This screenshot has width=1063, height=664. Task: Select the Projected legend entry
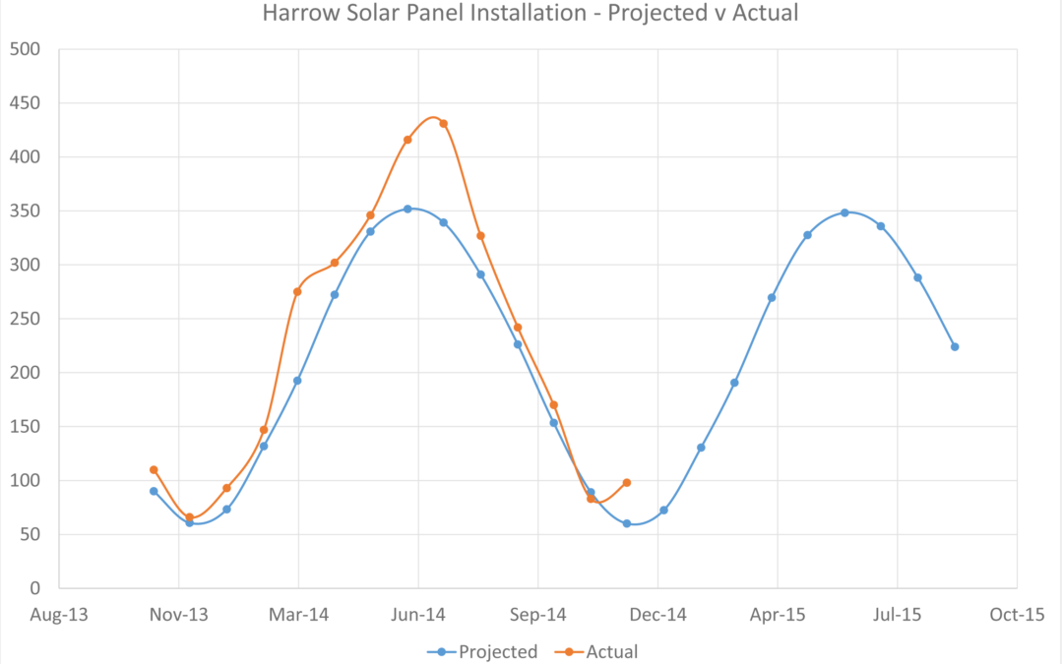pyautogui.click(x=482, y=651)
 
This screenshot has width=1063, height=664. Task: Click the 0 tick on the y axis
pyautogui.click(x=34, y=588)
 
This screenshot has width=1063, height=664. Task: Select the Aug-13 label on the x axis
pyautogui.click(x=59, y=615)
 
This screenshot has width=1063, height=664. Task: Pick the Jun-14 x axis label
pyautogui.click(x=418, y=615)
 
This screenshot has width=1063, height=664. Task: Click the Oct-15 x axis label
pyautogui.click(x=1017, y=615)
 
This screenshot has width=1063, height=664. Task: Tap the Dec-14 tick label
pyautogui.click(x=657, y=615)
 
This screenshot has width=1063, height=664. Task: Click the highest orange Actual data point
pyautogui.click(x=443, y=124)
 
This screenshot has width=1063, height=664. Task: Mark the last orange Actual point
pyautogui.click(x=627, y=483)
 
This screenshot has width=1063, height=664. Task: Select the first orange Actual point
pyautogui.click(x=154, y=470)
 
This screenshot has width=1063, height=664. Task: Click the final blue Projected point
pyautogui.click(x=955, y=346)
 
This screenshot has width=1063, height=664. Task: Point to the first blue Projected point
pyautogui.click(x=154, y=491)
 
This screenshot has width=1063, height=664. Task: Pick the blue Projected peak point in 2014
pyautogui.click(x=406, y=209)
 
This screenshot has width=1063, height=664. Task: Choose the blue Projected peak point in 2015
pyautogui.click(x=844, y=212)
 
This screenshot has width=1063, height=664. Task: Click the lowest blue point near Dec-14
pyautogui.click(x=627, y=523)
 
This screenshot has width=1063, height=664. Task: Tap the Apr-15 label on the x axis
pyautogui.click(x=778, y=615)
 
